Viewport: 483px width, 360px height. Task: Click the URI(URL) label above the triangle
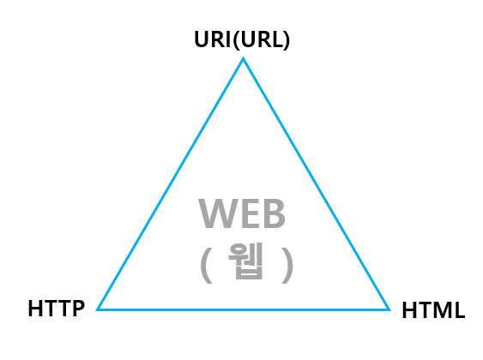242,39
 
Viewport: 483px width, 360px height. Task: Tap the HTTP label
57,309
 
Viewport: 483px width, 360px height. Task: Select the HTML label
433,310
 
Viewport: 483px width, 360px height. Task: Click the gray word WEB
242,213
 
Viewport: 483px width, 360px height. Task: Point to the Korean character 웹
245,261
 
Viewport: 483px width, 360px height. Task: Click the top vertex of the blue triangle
243,57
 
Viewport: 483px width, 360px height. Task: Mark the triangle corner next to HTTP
97,309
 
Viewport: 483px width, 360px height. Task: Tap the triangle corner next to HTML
389,309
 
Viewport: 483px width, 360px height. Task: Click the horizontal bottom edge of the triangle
244,309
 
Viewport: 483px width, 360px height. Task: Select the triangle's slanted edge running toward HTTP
170,183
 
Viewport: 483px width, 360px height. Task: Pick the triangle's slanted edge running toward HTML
317,183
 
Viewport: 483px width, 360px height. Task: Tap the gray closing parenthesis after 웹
287,265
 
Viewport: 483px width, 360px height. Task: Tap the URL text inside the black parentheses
262,39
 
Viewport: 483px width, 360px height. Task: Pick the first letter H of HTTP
35,309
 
